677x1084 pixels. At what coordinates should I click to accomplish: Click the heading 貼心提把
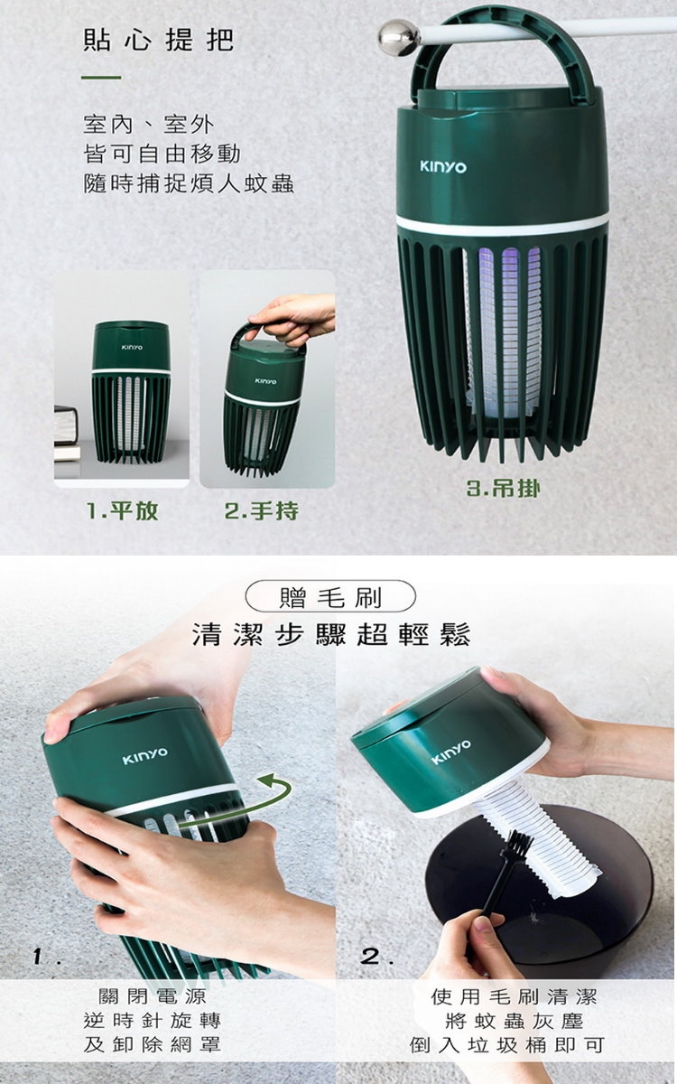(x=159, y=40)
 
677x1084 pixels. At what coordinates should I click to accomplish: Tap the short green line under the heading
(x=101, y=77)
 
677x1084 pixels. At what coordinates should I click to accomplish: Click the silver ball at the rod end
(x=398, y=37)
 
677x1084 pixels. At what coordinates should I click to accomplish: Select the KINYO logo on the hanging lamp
(x=443, y=167)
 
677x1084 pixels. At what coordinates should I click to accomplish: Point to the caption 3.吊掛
(x=503, y=490)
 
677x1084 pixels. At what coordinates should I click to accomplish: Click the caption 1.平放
(x=122, y=511)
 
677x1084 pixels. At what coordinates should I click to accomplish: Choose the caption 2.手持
(x=261, y=511)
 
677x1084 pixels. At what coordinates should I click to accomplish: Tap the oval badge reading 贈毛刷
(x=330, y=598)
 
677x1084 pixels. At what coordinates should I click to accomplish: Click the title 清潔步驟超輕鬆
(x=331, y=634)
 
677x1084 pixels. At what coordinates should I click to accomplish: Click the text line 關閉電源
(x=153, y=996)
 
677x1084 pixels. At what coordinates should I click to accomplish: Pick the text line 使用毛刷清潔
(x=515, y=996)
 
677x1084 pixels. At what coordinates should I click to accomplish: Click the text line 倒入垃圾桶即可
(x=506, y=1045)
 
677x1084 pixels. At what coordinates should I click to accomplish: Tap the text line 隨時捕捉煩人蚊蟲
(x=189, y=184)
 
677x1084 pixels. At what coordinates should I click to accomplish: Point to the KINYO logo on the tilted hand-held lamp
(x=266, y=381)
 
